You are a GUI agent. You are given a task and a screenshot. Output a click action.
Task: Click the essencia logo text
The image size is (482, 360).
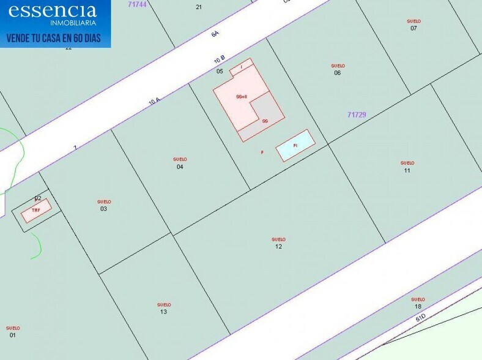point(53,10)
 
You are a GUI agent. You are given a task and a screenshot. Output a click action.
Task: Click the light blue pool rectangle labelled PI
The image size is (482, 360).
point(295,146)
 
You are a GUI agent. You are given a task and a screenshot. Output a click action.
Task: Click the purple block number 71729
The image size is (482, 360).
point(356,114)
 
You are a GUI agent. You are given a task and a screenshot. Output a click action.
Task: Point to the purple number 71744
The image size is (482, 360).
point(138,4)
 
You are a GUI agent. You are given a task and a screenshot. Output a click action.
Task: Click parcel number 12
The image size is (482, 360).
point(278,246)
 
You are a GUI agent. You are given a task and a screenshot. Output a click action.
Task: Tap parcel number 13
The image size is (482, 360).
point(163,312)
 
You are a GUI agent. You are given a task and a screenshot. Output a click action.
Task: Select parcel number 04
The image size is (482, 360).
point(180,167)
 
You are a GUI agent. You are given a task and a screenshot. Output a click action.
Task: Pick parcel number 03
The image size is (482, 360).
point(104,209)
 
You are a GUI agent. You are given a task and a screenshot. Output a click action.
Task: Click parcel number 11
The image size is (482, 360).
point(407,170)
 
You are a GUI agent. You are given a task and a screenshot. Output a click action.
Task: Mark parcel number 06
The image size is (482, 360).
point(338,73)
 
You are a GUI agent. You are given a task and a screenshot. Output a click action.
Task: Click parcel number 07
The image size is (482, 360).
point(414,28)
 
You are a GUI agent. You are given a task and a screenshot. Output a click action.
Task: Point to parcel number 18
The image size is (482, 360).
point(418,306)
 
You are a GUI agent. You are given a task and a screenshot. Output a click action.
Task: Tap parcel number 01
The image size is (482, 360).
point(12,335)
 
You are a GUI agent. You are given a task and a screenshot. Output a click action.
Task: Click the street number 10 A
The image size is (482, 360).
point(154,102)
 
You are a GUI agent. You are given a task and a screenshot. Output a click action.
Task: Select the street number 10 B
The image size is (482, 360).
point(220,60)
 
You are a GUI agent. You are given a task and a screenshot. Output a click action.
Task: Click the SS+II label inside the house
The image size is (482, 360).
point(242,97)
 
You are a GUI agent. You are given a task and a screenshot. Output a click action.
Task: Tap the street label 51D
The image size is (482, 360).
point(420,319)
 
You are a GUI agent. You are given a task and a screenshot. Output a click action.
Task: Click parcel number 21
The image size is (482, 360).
point(199,7)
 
